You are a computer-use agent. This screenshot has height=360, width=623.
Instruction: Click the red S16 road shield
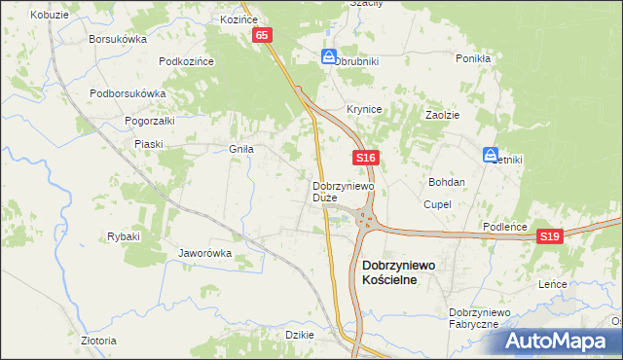pos(365,158)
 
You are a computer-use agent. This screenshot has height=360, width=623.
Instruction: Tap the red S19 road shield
pos(551,236)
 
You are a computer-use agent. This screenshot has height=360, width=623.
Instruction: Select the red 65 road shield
pos(262,35)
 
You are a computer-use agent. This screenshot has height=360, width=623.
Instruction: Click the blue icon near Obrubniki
pos(329,57)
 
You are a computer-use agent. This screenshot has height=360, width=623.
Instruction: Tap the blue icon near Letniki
pos(491,154)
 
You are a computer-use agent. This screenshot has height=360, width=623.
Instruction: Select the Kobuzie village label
pos(49,16)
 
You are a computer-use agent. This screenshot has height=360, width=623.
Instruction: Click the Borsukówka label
pos(117,40)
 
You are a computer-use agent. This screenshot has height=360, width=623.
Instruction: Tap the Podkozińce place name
pos(186,60)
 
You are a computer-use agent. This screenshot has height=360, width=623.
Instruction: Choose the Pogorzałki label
pos(149,121)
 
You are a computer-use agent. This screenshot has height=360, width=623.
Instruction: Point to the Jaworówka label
pos(204,253)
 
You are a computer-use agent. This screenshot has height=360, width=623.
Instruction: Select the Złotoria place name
pos(98,341)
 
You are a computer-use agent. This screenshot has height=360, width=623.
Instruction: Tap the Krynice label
pos(364,110)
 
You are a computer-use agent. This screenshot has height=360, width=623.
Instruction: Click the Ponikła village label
pos(472,57)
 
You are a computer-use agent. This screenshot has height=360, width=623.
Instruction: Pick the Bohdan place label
pos(447,182)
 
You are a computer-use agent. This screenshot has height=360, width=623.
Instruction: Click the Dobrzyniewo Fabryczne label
pos(480,317)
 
